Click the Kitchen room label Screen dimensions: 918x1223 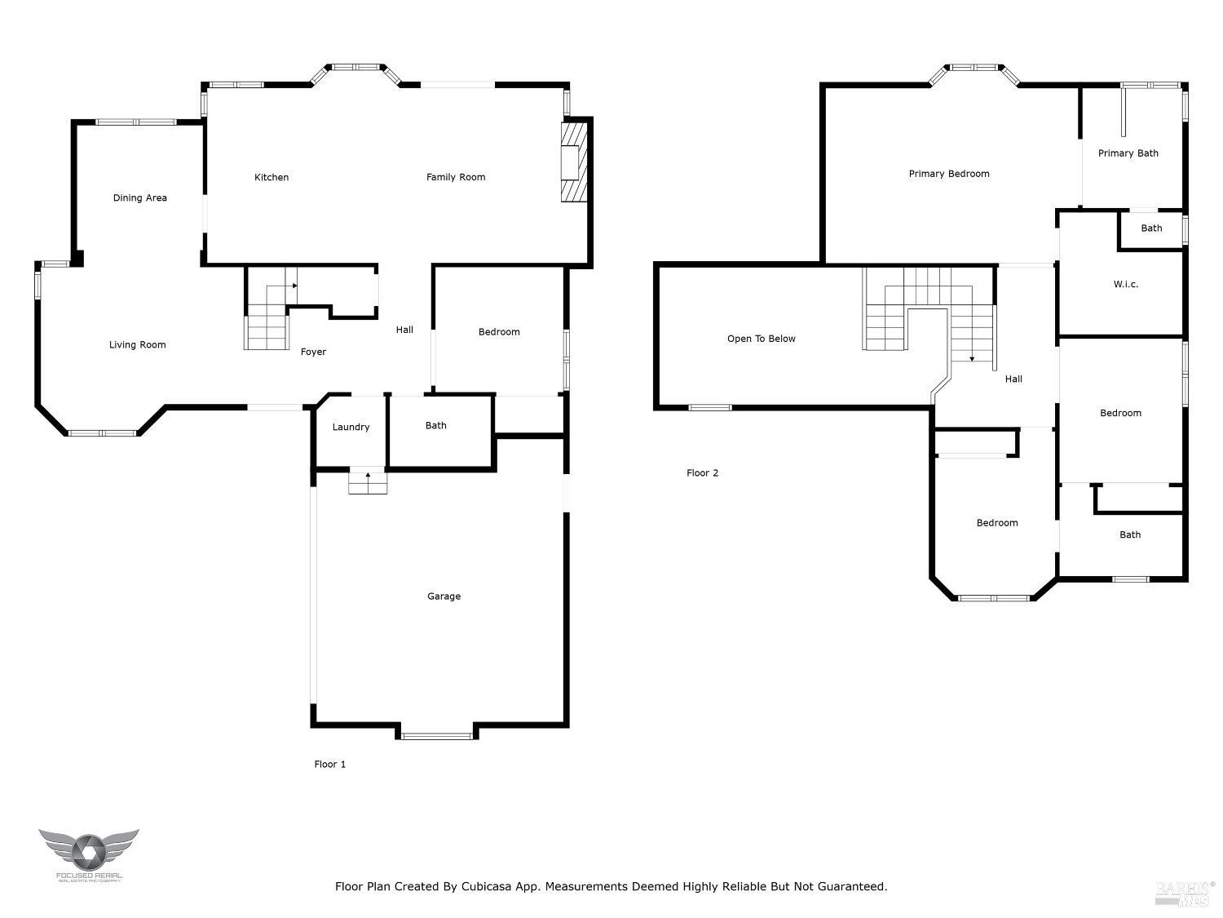click(x=272, y=177)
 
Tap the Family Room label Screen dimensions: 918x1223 click(x=456, y=177)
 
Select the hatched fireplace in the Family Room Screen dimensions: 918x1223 click(x=574, y=162)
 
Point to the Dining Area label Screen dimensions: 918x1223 click(x=140, y=197)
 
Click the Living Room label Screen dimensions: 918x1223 click(x=138, y=344)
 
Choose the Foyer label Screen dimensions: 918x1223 click(x=313, y=352)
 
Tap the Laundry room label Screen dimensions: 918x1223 click(x=351, y=427)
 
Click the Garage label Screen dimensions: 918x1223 click(x=444, y=596)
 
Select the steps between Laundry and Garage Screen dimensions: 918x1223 click(x=368, y=483)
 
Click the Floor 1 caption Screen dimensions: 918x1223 click(x=330, y=765)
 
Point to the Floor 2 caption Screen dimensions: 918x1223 click(x=702, y=472)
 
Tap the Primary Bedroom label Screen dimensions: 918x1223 click(x=949, y=174)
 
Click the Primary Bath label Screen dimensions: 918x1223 click(x=1128, y=153)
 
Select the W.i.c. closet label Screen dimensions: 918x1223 click(x=1125, y=284)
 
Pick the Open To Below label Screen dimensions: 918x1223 click(x=761, y=339)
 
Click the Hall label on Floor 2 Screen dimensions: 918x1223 click(x=1013, y=379)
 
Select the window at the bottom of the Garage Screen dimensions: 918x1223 click(x=437, y=736)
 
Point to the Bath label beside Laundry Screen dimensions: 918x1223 click(x=435, y=425)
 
